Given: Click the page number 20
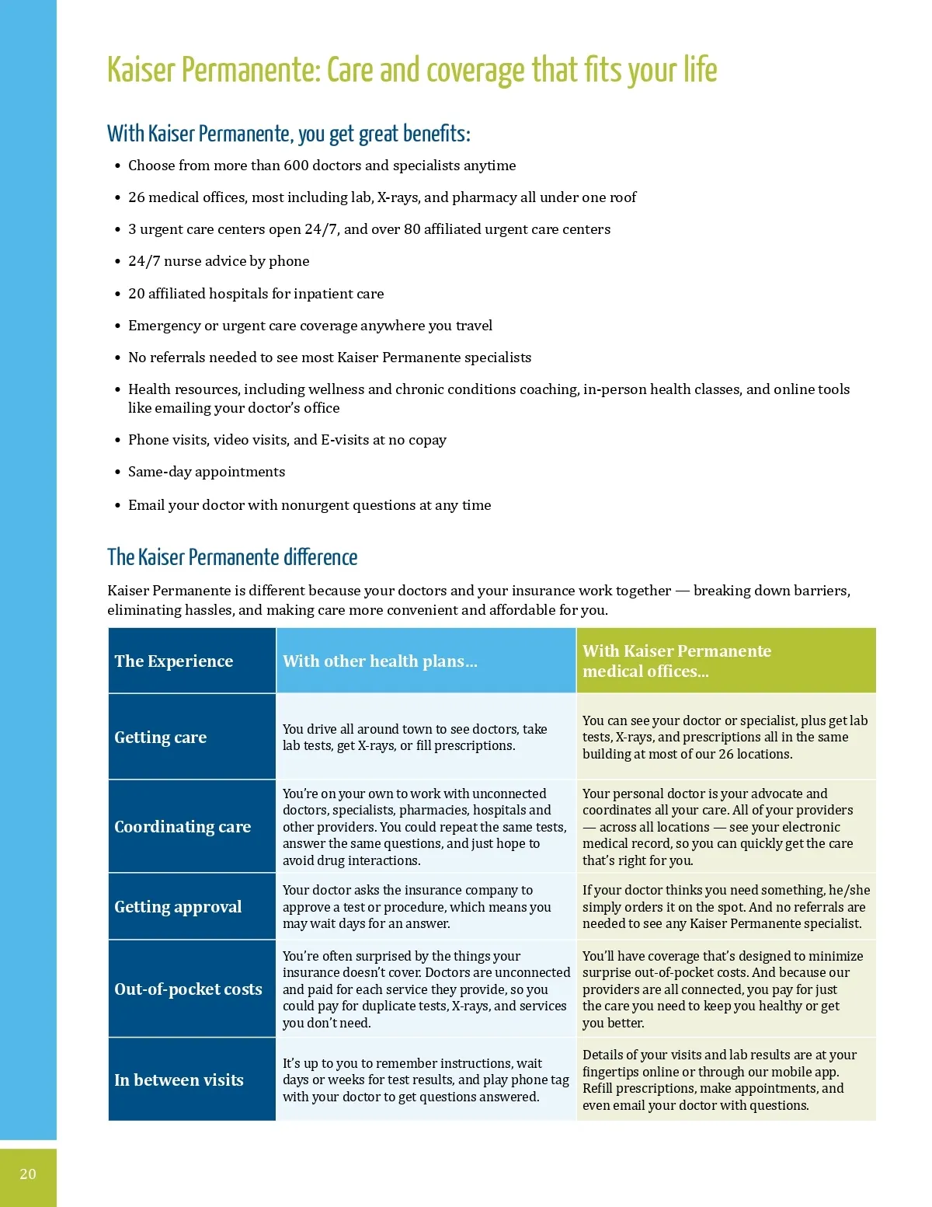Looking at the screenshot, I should tap(28, 1174).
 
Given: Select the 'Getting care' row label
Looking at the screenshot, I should tap(161, 738).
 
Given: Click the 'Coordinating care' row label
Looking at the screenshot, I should tap(183, 827).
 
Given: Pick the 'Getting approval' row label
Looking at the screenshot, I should tap(178, 907).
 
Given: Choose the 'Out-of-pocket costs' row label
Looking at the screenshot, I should tap(188, 989).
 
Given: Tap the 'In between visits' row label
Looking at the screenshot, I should tap(179, 1080).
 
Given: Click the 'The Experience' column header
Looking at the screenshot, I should tap(174, 661).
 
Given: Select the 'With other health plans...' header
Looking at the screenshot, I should tap(380, 661).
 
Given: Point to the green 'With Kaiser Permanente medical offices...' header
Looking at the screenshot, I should tap(676, 661).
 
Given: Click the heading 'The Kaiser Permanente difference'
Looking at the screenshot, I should tap(232, 557).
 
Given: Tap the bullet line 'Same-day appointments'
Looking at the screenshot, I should tap(207, 472).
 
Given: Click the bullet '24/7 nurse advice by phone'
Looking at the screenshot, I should tap(218, 261).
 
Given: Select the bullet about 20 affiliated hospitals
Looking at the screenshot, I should tap(256, 294).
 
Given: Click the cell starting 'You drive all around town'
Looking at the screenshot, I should tap(415, 738).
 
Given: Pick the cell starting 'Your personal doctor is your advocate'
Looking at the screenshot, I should tap(718, 827).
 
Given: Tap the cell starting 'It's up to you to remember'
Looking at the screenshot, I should tap(426, 1080).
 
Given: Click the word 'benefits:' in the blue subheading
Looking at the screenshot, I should tap(436, 134).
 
